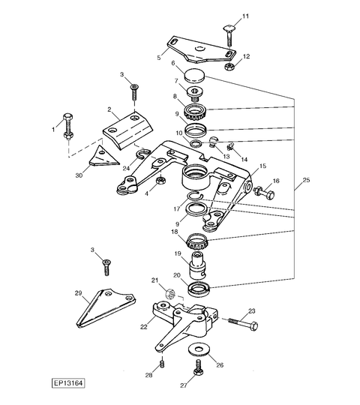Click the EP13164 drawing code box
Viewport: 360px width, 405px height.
(x=68, y=382)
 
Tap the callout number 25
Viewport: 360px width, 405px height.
(x=306, y=180)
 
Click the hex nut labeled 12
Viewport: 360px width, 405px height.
(x=229, y=67)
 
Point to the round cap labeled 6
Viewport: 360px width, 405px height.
(x=195, y=75)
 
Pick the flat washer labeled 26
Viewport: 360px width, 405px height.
(x=199, y=350)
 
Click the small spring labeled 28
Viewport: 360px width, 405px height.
(x=162, y=363)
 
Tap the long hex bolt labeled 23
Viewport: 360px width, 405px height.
(x=243, y=324)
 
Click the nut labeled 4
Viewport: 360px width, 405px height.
(x=161, y=180)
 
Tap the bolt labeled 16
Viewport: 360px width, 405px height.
(x=264, y=193)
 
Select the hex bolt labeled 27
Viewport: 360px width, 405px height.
(x=199, y=367)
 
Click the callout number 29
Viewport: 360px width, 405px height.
(x=78, y=293)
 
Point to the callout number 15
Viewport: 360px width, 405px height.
(x=263, y=166)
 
